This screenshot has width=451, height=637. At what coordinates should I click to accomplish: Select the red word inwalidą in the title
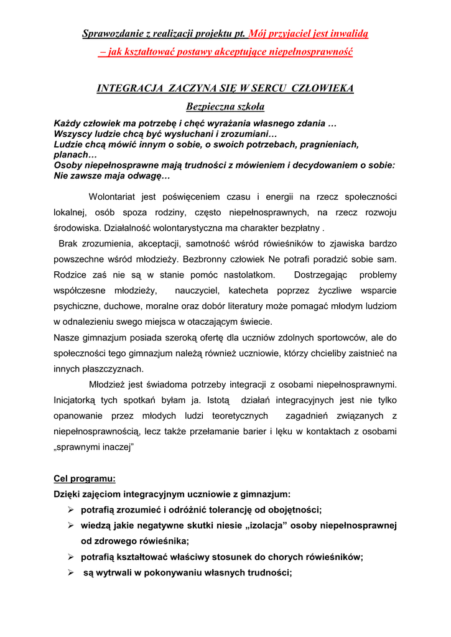point(348,34)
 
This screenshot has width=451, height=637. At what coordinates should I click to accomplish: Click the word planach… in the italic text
point(71,155)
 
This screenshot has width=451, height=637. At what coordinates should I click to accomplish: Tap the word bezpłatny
point(310,228)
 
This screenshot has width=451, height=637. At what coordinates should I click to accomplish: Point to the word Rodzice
point(71,275)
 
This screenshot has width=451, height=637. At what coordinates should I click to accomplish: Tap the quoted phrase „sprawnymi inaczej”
point(94,447)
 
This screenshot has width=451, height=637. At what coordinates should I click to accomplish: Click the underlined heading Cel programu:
point(85,479)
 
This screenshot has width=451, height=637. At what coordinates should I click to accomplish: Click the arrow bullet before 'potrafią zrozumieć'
point(72,510)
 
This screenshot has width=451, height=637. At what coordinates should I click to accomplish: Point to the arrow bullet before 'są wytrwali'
point(72,573)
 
